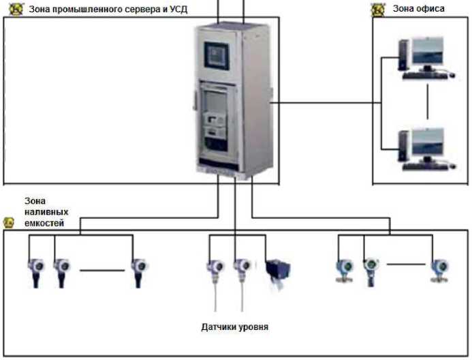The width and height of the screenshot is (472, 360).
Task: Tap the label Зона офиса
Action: coord(419,9)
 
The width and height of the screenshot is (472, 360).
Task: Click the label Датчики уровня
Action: coord(235,327)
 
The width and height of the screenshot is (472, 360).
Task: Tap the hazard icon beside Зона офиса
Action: coord(378,9)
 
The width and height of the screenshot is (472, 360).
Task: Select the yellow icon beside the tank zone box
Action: coord(8,223)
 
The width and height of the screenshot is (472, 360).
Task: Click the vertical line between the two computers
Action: coord(428,103)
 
